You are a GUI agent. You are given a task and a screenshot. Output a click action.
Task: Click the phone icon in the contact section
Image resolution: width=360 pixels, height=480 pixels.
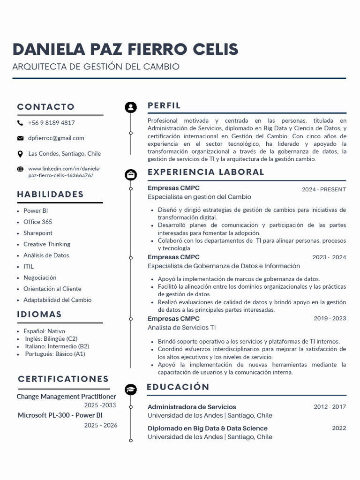point(20,123)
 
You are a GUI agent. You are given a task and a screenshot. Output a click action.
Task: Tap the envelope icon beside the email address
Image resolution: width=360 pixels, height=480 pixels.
point(20,138)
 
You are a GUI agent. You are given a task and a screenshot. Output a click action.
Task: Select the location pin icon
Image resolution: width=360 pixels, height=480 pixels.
point(20,154)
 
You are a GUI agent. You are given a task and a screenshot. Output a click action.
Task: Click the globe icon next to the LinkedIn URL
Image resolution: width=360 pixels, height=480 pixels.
point(20,169)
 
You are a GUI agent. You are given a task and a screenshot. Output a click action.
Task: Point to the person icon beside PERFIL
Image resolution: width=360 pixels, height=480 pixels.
point(131,107)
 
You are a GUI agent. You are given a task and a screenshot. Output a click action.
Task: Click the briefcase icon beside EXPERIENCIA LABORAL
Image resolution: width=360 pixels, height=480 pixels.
point(131,175)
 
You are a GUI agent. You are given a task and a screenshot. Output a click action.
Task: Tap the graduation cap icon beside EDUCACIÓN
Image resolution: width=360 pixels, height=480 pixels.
point(131,390)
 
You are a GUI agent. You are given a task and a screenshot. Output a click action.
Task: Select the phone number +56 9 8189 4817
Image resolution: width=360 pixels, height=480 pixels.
point(51,123)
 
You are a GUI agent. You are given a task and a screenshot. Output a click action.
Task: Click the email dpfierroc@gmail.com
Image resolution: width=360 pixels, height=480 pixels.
point(56,138)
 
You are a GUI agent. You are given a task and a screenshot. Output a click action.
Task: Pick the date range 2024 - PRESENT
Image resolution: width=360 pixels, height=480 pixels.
point(324,190)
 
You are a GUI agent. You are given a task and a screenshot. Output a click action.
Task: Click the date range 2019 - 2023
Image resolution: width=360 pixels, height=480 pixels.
point(330,319)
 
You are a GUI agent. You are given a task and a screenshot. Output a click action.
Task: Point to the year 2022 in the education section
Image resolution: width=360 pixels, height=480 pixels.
point(339,428)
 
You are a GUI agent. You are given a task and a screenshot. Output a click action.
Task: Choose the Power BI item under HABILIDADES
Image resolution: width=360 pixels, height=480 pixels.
point(36,211)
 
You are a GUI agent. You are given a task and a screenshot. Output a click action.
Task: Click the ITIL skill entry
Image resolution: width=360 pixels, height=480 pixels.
point(29,267)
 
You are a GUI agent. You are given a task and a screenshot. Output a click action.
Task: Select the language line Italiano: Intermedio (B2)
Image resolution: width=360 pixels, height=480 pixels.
point(57,346)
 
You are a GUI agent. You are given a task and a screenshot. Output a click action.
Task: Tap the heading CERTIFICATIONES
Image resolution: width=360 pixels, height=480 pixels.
point(63,379)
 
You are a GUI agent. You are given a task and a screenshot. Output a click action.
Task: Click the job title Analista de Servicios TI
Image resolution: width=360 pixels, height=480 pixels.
point(182,328)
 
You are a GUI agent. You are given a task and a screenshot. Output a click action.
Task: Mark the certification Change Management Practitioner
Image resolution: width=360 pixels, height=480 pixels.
point(66,397)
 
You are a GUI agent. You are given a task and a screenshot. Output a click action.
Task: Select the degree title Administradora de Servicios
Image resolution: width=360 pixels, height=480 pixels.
point(192,407)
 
